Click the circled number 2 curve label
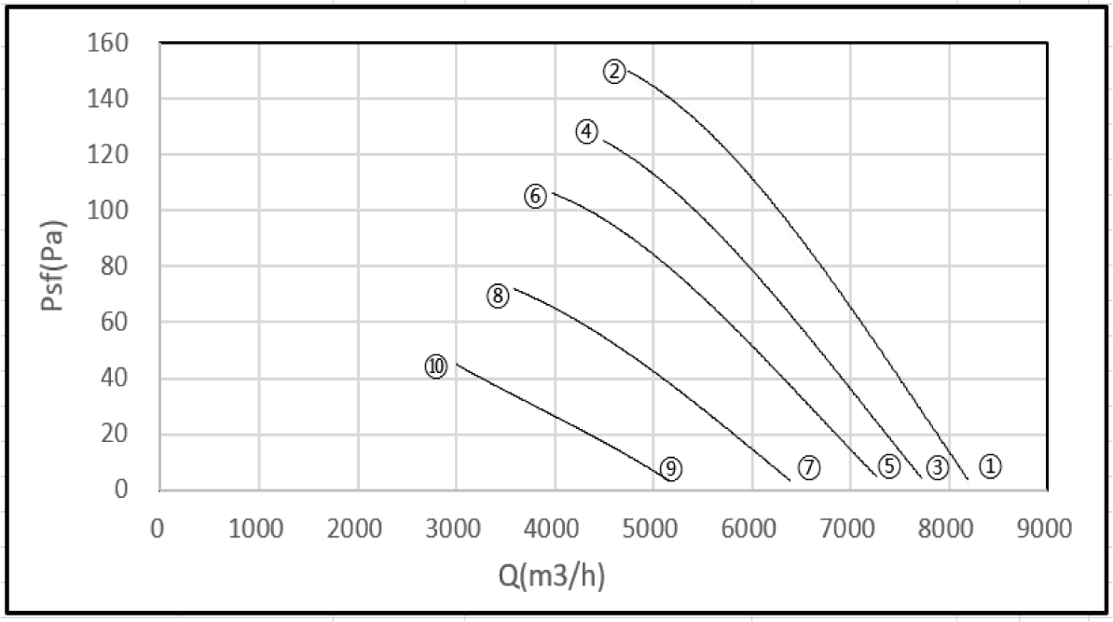click(614, 71)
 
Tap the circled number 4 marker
click(586, 132)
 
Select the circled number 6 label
click(535, 197)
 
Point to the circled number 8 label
click(497, 297)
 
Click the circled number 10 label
click(436, 366)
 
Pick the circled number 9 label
click(670, 468)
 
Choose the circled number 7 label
click(808, 468)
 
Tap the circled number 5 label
click(889, 466)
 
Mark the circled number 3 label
click(937, 467)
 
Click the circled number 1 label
click(991, 465)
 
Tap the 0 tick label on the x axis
click(158, 529)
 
